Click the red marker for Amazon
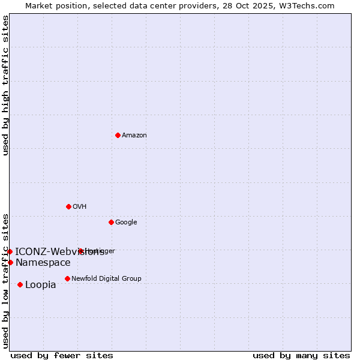[118, 135]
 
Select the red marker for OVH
[68, 206]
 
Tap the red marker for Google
[111, 222]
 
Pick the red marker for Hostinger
[80, 251]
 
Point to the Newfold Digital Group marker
[67, 278]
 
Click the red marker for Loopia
[20, 284]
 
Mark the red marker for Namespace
[10, 262]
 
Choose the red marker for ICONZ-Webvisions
[10, 251]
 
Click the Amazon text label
[134, 136]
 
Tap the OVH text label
[80, 207]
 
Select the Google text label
[126, 223]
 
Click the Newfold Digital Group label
[106, 279]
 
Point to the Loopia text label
[41, 285]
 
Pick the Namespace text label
[43, 263]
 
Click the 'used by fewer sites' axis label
[62, 355]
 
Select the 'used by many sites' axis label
[301, 355]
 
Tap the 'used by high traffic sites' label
[5, 85]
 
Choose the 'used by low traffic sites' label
[5, 281]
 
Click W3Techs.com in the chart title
[308, 5]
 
